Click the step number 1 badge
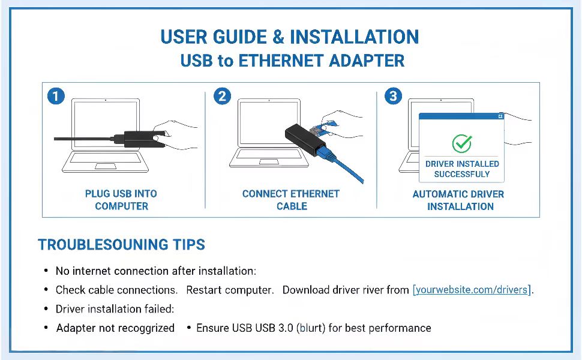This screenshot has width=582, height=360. tap(56, 96)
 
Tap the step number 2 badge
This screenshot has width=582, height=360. tap(222, 96)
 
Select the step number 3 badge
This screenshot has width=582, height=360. tap(392, 96)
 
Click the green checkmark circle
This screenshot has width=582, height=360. tap(461, 143)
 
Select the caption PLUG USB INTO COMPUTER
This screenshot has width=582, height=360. tap(121, 200)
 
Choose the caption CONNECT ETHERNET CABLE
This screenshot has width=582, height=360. tap(291, 200)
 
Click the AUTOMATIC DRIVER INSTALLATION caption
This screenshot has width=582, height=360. tap(458, 200)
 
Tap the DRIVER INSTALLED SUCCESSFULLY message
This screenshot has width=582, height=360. tap(462, 169)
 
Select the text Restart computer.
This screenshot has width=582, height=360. tap(230, 290)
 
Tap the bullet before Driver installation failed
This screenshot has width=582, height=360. tap(46, 309)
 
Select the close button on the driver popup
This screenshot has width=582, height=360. tap(500, 117)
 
